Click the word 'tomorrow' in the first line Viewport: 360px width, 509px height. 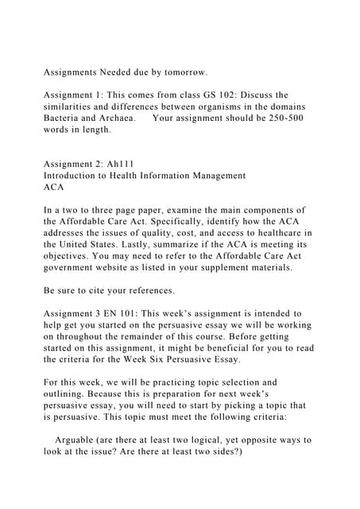tap(183, 72)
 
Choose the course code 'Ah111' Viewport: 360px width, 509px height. tap(119, 164)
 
